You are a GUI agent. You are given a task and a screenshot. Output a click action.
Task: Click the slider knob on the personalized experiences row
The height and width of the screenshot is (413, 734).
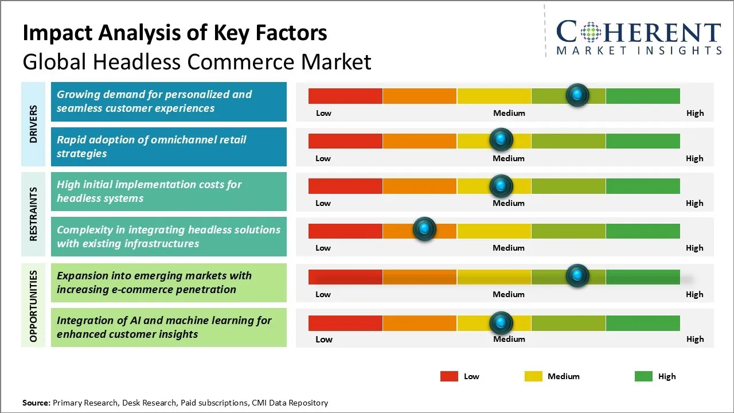[577, 95]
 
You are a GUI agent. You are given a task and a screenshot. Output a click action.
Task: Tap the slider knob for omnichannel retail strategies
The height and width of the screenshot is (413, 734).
[501, 140]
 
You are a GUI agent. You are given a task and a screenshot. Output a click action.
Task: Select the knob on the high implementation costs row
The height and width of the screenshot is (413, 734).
[501, 185]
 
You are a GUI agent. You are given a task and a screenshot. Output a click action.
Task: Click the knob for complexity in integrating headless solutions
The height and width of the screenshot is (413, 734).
[424, 229]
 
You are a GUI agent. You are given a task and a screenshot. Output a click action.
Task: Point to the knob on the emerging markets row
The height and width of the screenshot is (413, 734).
[577, 276]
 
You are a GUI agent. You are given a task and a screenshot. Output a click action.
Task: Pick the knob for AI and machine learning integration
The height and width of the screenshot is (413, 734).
[501, 323]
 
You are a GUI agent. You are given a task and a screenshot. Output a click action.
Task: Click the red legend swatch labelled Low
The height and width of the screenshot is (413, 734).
[449, 376]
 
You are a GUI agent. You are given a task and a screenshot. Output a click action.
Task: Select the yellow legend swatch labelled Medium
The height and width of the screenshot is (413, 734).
[533, 376]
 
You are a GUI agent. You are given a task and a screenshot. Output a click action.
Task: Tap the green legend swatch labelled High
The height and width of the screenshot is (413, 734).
[643, 376]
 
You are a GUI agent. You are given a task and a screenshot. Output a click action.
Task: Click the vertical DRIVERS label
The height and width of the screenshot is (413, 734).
[33, 124]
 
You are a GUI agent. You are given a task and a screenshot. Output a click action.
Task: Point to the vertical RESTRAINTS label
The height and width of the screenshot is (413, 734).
[33, 214]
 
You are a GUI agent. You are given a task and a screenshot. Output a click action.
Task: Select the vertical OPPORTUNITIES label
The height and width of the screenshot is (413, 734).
[33, 306]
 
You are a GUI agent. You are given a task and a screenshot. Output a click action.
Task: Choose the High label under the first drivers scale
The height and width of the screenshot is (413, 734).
[695, 113]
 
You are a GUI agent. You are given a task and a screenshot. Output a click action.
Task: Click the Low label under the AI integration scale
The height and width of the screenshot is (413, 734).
[323, 339]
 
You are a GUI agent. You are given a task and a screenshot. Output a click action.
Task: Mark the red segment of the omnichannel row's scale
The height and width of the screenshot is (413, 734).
[345, 141]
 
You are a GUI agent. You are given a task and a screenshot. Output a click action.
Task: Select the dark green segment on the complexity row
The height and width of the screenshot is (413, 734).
[642, 231]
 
